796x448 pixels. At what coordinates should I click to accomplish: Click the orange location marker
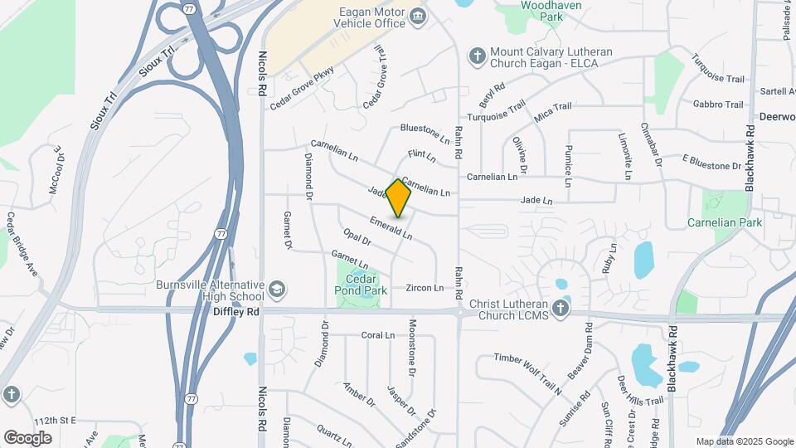pos(399,197)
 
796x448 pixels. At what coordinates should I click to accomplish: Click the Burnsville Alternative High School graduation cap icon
pos(277,290)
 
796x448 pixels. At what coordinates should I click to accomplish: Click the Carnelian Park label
pos(725,223)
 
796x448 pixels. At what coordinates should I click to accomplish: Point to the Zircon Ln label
pos(425,288)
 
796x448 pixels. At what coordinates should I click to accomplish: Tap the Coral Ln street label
pos(378,335)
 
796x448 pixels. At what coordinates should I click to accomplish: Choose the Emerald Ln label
pos(391,228)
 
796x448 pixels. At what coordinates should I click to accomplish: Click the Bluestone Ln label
pos(424,129)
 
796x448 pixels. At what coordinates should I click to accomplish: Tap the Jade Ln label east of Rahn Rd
pos(536,200)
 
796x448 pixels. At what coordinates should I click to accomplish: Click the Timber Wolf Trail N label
pos(527,369)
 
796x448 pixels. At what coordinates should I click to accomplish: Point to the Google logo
pos(27,437)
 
